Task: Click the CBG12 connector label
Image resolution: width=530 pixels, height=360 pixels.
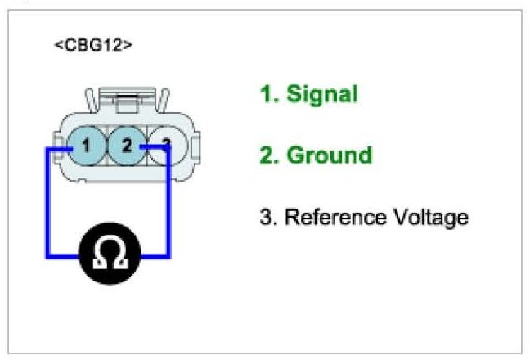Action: (x=93, y=45)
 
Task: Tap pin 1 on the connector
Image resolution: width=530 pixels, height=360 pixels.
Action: (x=87, y=146)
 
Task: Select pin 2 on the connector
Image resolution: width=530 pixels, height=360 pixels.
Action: (x=127, y=146)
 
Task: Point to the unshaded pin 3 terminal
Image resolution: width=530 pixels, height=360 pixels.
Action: (x=168, y=146)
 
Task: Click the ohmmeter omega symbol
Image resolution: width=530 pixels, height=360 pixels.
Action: (x=110, y=253)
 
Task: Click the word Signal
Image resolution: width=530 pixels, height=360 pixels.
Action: (x=322, y=95)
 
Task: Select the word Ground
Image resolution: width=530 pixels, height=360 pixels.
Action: (x=330, y=155)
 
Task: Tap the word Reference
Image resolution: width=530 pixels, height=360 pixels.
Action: (x=335, y=217)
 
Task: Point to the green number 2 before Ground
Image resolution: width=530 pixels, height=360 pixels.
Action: (x=267, y=155)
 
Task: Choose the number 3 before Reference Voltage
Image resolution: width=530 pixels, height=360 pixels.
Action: (x=267, y=217)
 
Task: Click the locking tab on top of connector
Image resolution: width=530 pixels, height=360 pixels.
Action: (x=128, y=100)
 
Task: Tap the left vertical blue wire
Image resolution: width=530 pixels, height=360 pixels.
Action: (x=47, y=203)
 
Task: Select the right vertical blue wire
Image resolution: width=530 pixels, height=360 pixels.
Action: (x=168, y=201)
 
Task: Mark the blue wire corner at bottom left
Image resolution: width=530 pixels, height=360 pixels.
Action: (x=47, y=256)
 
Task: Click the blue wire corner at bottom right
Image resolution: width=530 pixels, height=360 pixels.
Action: (x=168, y=256)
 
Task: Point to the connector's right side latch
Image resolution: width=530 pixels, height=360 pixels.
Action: (x=195, y=148)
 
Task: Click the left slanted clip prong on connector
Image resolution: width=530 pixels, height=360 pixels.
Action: (x=92, y=101)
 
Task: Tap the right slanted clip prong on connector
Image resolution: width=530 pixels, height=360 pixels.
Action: (x=163, y=101)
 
